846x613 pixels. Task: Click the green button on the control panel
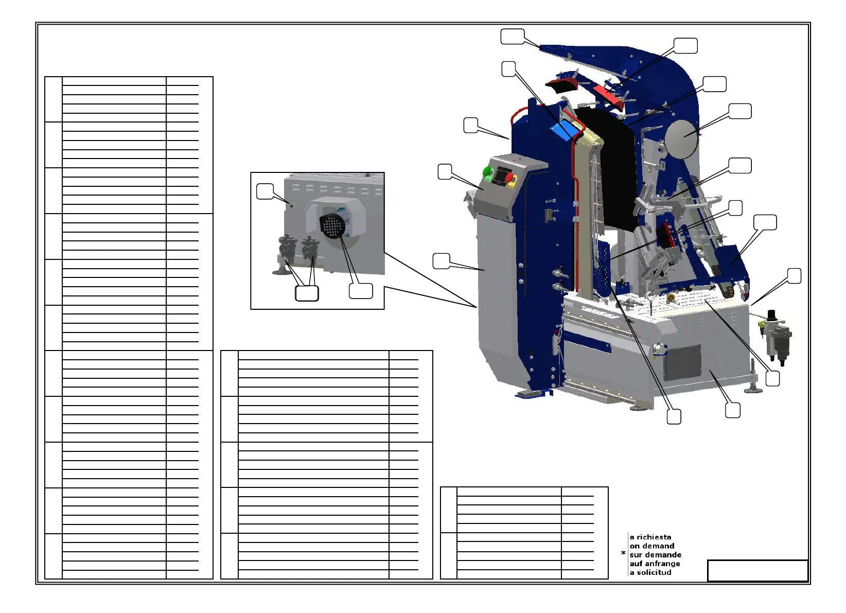pos(487,171)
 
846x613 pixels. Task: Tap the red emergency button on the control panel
pos(509,178)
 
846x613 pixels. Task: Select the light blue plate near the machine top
pos(563,130)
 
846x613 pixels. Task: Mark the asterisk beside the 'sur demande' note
pos(623,553)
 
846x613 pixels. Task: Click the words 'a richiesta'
pos(650,537)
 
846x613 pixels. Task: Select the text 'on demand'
pos(652,546)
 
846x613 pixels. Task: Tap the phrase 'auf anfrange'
pos(655,564)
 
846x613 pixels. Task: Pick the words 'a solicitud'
pos(651,572)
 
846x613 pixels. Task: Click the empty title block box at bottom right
pos(757,571)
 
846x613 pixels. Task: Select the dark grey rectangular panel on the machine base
pos(682,363)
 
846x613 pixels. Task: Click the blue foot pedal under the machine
pos(531,394)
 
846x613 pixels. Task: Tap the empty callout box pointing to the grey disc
pos(740,111)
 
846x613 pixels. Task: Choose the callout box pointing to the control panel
pos(445,172)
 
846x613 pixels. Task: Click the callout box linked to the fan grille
pos(361,291)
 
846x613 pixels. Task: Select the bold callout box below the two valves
pos(307,293)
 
